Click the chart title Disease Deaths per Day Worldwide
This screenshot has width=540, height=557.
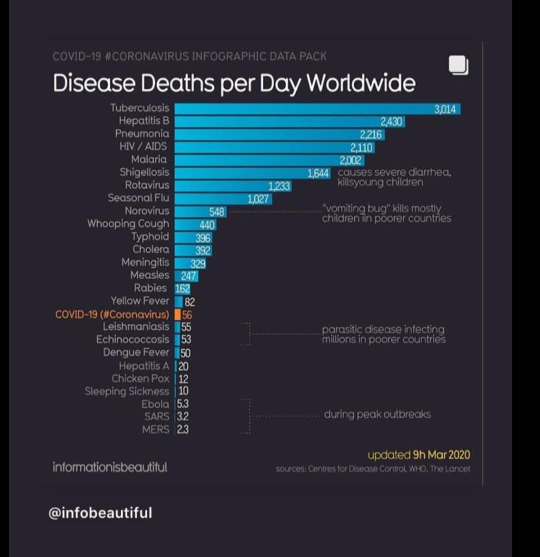point(234,83)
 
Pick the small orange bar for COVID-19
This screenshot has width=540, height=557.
point(178,314)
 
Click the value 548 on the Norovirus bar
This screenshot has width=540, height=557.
point(217,212)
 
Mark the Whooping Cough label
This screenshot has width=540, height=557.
point(128,224)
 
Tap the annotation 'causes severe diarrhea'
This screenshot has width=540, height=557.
point(394,172)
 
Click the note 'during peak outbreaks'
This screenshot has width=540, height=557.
point(377,414)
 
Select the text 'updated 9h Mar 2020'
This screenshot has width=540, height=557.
point(418,455)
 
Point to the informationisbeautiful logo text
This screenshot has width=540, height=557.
point(110,467)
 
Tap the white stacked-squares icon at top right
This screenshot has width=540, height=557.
point(458,65)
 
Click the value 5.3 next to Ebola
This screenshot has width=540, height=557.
point(183,404)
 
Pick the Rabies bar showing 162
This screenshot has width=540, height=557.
point(182,289)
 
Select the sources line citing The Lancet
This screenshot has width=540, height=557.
point(373,469)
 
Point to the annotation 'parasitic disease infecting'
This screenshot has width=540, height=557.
point(383,330)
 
